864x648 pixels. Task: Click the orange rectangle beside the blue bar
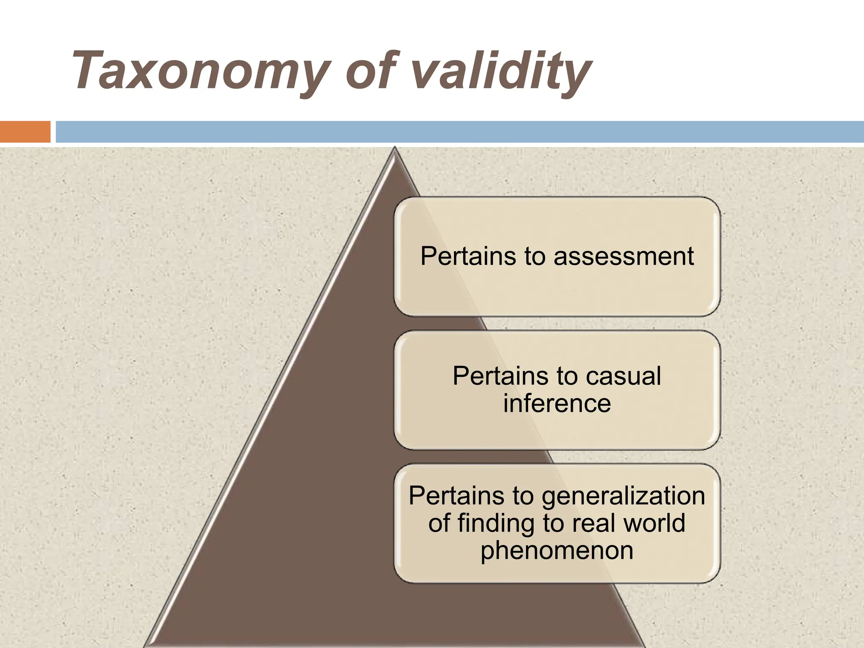pos(25,132)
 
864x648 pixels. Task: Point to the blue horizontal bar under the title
pos(460,132)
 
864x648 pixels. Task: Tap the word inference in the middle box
pos(557,403)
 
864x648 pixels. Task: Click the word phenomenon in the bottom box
pos(557,550)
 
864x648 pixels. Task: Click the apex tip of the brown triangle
pos(394,148)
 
